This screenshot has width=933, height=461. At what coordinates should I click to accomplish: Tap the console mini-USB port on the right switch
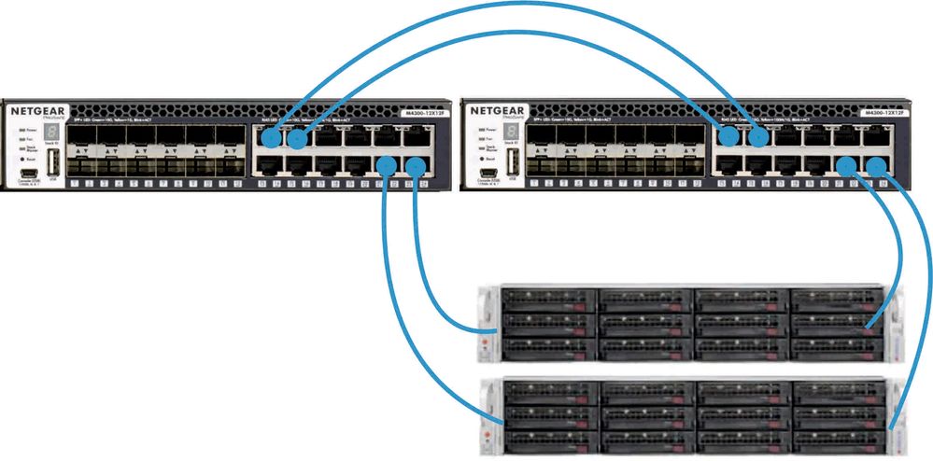coord(487,171)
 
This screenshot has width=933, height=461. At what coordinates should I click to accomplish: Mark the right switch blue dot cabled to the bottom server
coord(876,167)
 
